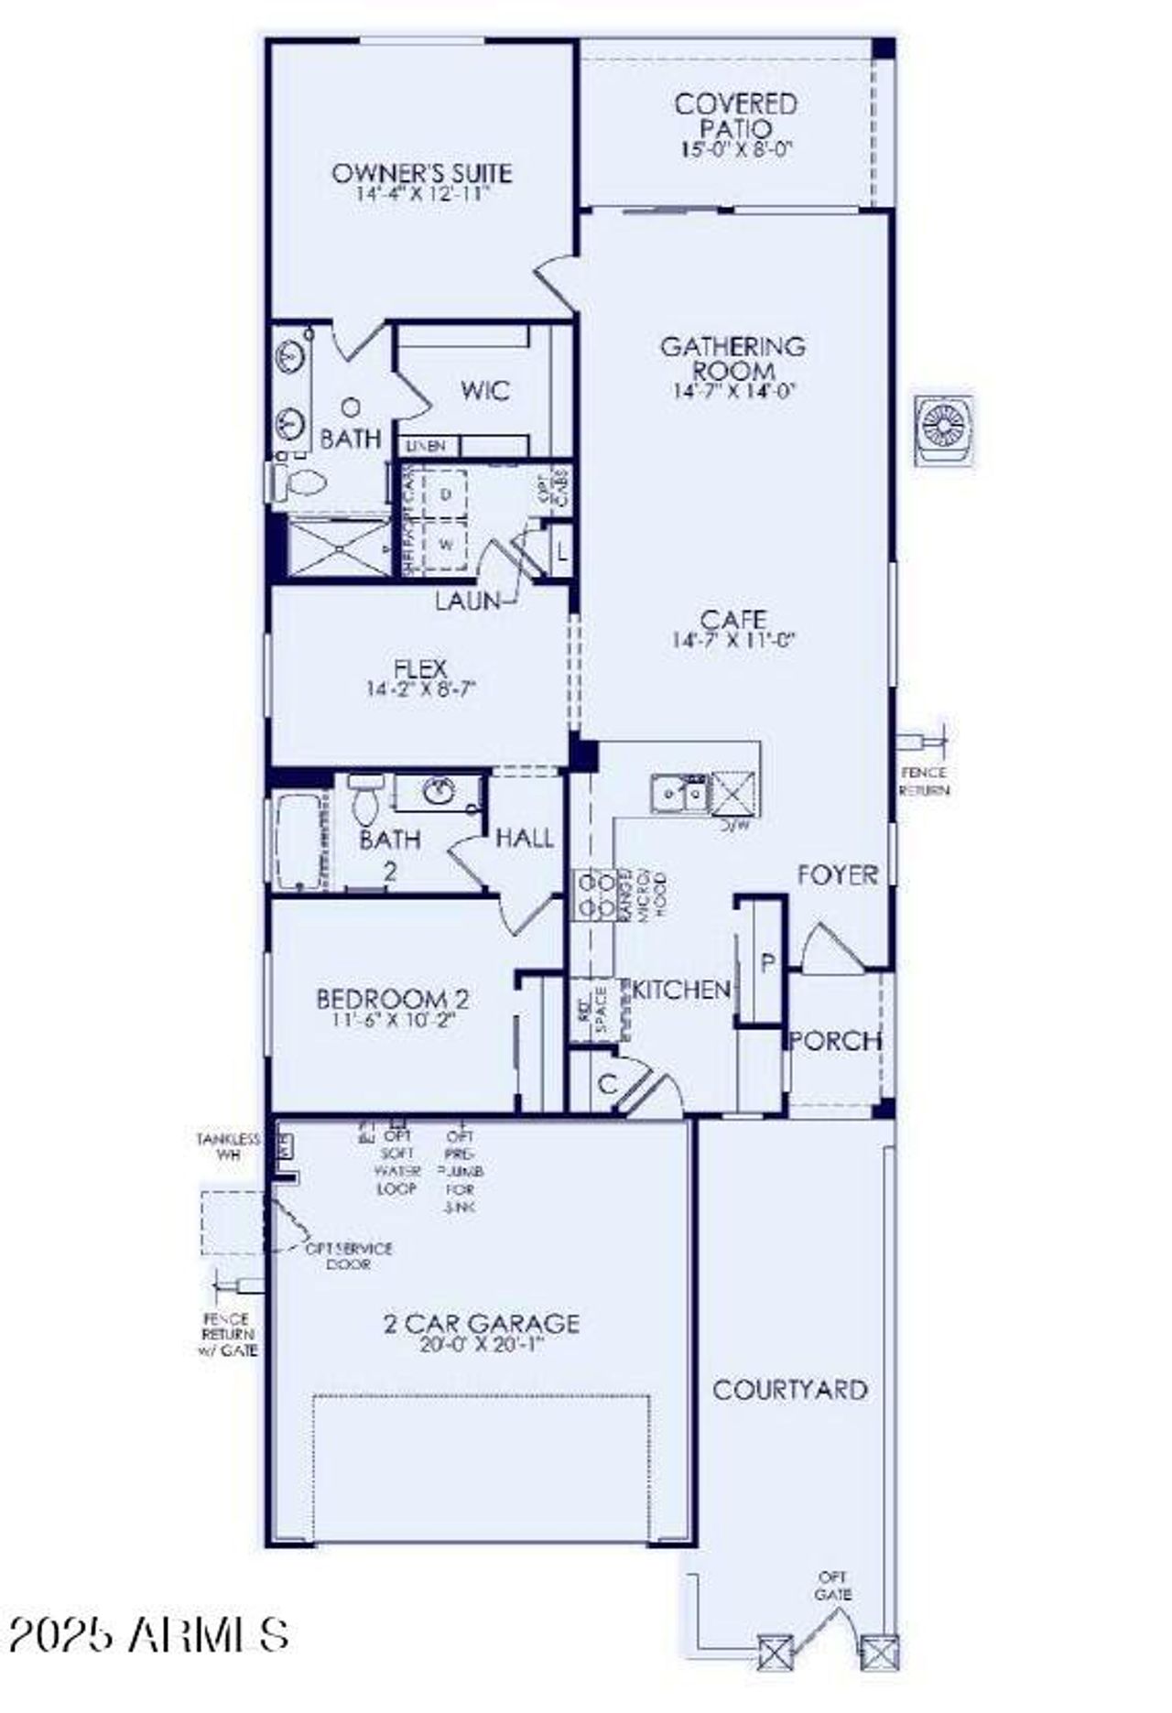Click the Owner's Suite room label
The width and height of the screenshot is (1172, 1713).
point(422,173)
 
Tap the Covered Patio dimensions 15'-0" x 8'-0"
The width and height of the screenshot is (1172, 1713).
point(735,150)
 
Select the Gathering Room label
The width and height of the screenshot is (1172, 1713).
point(733,358)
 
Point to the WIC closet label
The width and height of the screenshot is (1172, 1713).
point(485,391)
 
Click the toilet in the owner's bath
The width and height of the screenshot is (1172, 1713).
point(303,482)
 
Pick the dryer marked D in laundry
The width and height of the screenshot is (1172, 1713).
point(446,494)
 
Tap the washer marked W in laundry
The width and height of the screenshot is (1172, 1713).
point(446,545)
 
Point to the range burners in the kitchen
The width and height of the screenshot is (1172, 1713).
point(593,894)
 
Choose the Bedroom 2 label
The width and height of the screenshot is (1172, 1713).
point(392,998)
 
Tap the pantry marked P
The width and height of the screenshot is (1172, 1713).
point(767,962)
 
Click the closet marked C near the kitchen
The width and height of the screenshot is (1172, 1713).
point(607,1084)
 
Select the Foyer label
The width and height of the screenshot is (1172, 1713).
point(837,875)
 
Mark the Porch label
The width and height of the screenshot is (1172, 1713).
point(835,1040)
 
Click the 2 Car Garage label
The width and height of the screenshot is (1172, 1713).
point(481,1323)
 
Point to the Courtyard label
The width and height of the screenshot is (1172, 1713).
point(790,1390)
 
